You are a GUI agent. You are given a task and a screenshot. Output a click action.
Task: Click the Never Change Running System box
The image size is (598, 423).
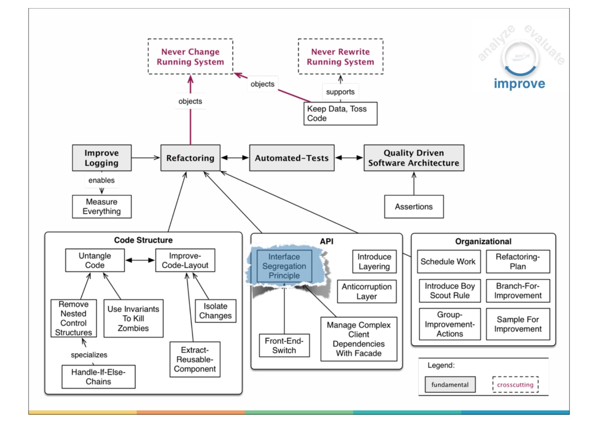[190, 56]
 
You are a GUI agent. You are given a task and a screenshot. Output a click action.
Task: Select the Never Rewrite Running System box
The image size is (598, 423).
[340, 56]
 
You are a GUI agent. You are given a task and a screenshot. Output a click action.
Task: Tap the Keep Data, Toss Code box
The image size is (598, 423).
[340, 113]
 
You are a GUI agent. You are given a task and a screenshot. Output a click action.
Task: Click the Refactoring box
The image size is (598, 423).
[190, 158]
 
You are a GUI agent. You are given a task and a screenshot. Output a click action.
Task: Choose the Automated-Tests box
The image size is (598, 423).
[292, 158]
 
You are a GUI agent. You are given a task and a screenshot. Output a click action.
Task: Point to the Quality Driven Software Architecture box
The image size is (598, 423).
[414, 158]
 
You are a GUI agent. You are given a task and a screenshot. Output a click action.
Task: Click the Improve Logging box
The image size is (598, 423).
[102, 158]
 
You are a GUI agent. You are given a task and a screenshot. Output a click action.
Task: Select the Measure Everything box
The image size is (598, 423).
[102, 206]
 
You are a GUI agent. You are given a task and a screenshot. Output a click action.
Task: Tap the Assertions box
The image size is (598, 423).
[414, 206]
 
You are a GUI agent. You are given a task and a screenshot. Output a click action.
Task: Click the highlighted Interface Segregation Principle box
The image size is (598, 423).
[284, 266]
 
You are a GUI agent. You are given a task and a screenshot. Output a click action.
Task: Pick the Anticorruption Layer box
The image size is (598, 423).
[367, 291]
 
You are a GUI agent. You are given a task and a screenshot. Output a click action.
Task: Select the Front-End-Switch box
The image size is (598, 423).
[284, 346]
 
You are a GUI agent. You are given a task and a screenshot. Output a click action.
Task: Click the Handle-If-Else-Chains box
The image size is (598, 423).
[98, 377]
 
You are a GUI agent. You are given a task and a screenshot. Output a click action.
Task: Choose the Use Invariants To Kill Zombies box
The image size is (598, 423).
[133, 318]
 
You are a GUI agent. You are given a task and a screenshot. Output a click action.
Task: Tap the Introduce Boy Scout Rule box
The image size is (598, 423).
[450, 291]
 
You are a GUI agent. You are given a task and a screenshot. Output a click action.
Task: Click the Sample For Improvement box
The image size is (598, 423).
[518, 324]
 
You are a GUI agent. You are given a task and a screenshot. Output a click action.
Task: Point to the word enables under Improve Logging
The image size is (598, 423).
[102, 180]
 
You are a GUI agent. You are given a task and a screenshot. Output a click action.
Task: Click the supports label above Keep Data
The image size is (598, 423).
[340, 92]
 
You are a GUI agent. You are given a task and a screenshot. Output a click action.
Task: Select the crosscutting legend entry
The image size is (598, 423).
[515, 384]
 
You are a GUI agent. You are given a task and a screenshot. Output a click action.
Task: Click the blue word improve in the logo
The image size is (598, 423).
[519, 83]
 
